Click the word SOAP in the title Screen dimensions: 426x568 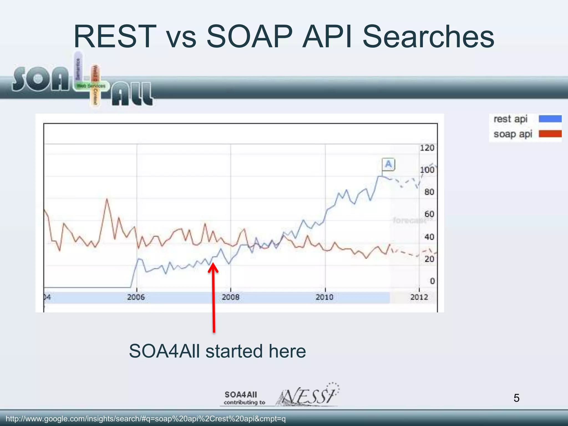249,37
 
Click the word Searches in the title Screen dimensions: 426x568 428,37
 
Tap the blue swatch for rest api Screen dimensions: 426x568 550,119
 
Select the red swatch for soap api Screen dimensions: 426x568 550,134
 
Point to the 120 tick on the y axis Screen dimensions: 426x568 427,148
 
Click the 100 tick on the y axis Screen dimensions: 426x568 427,170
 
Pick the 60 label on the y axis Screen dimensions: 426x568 429,214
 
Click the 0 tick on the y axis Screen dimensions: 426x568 432,281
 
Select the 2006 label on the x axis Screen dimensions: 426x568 136,297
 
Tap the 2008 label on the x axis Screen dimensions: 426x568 230,297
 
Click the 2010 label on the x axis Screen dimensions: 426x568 324,297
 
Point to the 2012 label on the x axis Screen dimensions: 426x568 419,297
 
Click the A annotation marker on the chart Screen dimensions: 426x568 388,164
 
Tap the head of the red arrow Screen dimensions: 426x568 213,267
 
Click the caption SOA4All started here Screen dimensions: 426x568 217,351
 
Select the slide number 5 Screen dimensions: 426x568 516,398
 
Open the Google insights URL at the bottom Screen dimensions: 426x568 146,419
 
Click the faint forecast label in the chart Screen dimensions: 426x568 409,220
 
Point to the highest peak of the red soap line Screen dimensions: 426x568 107,199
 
